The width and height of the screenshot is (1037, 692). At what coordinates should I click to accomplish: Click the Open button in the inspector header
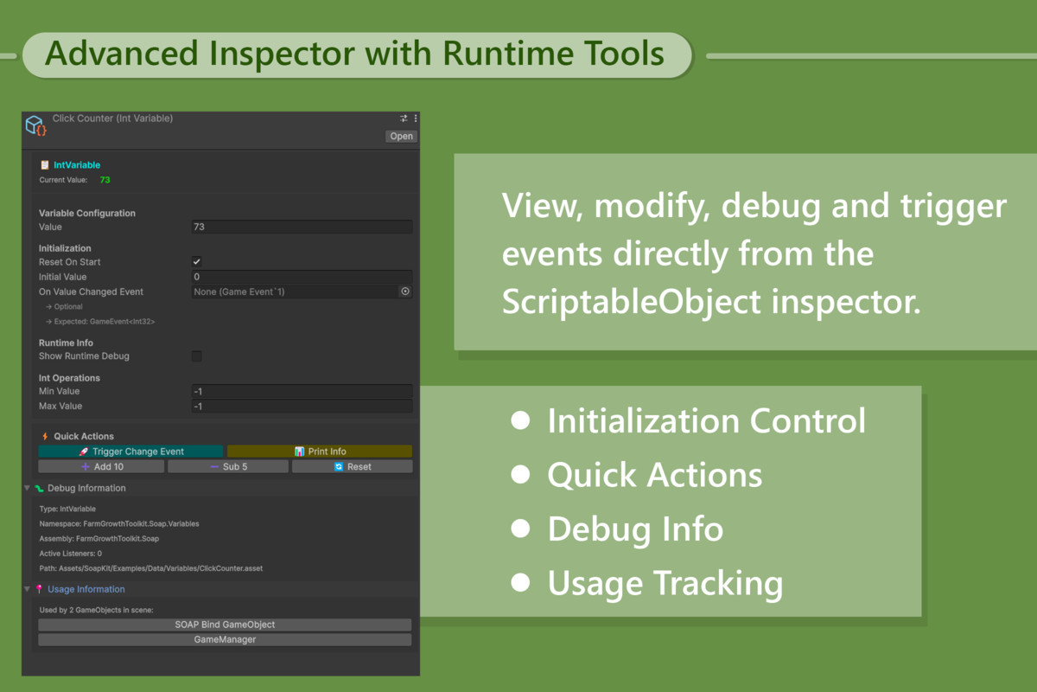coord(401,136)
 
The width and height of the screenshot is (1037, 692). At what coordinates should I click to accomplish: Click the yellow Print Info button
coord(319,452)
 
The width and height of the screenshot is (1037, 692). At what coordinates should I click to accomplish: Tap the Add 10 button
coord(101,466)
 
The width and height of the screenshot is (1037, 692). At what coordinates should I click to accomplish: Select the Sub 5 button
coord(228,466)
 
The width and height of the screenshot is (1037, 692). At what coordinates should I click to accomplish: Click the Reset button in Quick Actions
coord(353,466)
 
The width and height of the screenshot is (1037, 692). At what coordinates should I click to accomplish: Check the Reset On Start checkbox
coord(197,262)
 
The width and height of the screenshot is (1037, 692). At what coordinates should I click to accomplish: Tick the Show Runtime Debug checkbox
coord(197,356)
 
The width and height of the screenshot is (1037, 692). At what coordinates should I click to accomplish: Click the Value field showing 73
coord(301,227)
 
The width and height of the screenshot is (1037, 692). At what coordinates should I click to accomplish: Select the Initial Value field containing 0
coord(301,277)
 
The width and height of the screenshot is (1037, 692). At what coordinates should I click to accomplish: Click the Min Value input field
coord(301,392)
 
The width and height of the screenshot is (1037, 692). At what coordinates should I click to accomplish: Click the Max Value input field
coord(301,407)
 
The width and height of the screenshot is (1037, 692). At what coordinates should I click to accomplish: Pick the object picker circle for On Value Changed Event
coord(404,292)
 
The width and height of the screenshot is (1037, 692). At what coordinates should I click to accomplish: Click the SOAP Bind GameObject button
coord(225,625)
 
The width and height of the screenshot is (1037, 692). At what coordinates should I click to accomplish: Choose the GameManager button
coord(225,640)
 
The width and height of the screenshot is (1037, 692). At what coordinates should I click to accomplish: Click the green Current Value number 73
coord(105,180)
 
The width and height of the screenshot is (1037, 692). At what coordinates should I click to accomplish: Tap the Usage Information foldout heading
coord(86,589)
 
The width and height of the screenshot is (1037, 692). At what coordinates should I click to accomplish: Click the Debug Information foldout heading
coord(86,488)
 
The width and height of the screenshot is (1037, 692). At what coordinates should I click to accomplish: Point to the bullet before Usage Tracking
coord(520,582)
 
